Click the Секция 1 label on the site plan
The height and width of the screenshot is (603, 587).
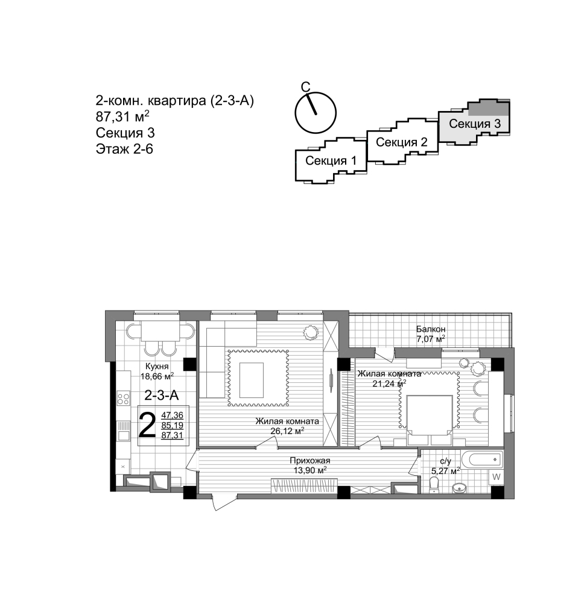pyautogui.click(x=331, y=161)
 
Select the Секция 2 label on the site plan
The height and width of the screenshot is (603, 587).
pyautogui.click(x=402, y=142)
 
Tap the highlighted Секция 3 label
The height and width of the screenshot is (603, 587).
pyautogui.click(x=475, y=124)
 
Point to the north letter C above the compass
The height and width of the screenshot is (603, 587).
pyautogui.click(x=305, y=87)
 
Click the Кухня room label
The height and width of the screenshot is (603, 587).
pyautogui.click(x=157, y=367)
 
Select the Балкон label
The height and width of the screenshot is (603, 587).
pyautogui.click(x=431, y=329)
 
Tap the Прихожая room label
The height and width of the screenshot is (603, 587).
pyautogui.click(x=310, y=460)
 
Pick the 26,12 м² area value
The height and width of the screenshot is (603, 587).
pyautogui.click(x=287, y=431)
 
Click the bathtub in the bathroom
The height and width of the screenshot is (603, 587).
pyautogui.click(x=481, y=459)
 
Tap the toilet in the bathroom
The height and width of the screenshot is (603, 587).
pyautogui.click(x=434, y=485)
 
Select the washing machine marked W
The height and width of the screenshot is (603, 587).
pyautogui.click(x=496, y=477)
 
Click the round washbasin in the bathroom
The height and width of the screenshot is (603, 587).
pyautogui.click(x=459, y=488)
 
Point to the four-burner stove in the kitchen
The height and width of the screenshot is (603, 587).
pyautogui.click(x=124, y=399)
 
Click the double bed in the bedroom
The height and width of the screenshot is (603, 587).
pyautogui.click(x=430, y=420)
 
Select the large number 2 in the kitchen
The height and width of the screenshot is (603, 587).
pyautogui.click(x=147, y=425)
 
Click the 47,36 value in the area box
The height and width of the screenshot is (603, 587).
pyautogui.click(x=172, y=415)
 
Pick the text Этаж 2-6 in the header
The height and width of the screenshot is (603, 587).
pyautogui.click(x=124, y=149)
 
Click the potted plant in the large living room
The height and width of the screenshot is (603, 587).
pyautogui.click(x=310, y=332)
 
